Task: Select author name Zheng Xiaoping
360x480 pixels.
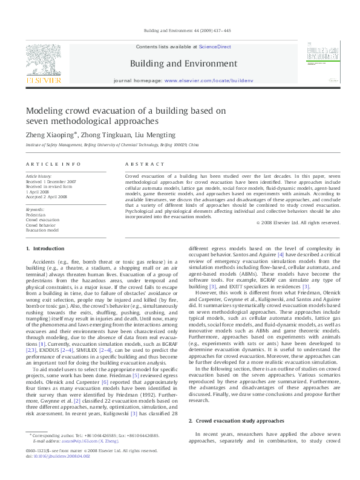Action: click(49, 135)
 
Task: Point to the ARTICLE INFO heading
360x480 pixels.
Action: click(53, 164)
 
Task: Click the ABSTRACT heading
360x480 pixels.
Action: click(145, 164)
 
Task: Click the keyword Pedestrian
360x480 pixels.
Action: click(36, 215)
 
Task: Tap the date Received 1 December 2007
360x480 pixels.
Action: click(51, 181)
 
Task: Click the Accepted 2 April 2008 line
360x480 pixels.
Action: click(46, 197)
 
